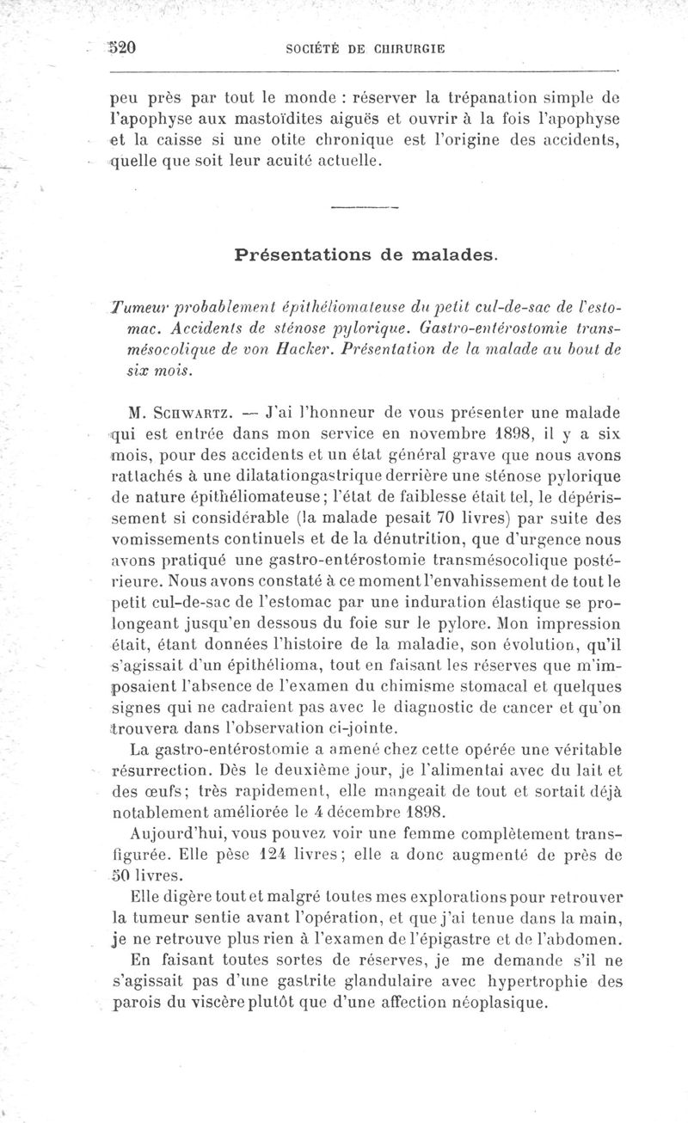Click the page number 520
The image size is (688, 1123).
point(123,49)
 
